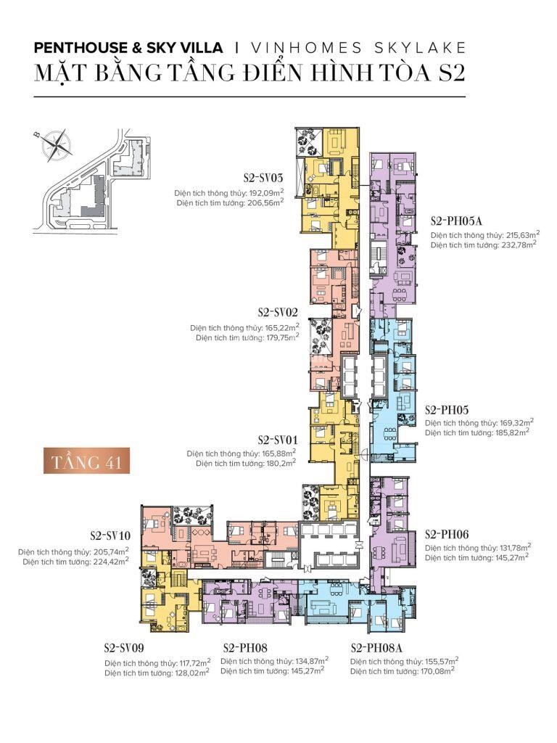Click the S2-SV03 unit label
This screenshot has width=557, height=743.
263,177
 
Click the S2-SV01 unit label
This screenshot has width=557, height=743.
278,440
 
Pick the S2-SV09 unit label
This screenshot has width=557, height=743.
128,647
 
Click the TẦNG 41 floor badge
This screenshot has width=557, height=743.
86,461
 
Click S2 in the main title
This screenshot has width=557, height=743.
447,75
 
